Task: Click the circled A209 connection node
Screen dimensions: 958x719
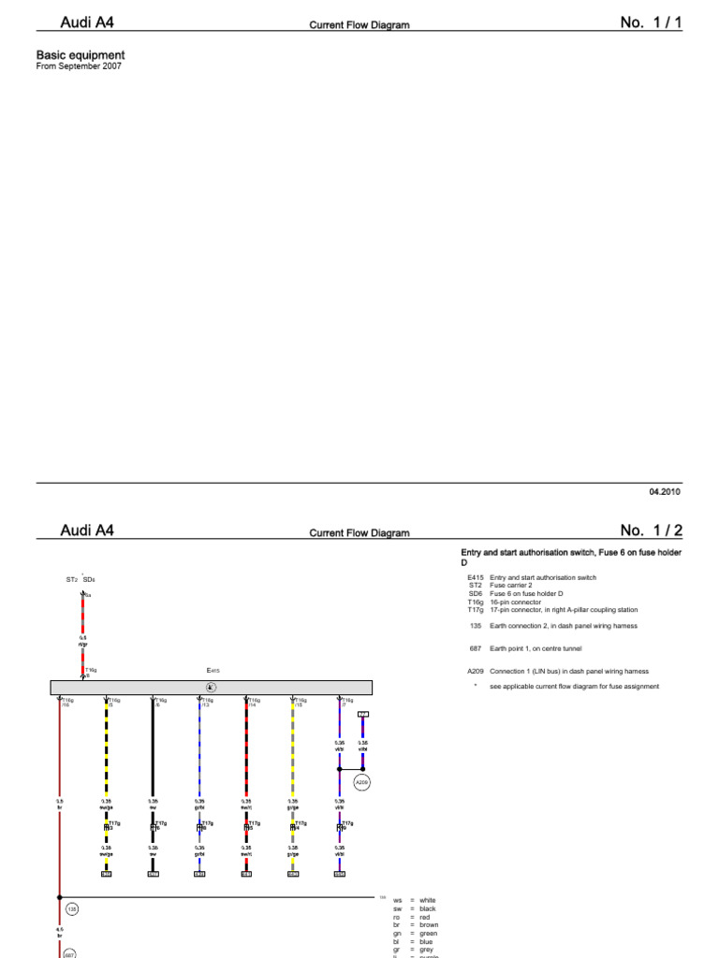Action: [x=362, y=781]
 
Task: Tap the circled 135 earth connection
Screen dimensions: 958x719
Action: [x=71, y=908]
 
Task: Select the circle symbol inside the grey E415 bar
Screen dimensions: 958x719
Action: [x=211, y=688]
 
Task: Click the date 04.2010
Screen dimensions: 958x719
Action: [x=665, y=491]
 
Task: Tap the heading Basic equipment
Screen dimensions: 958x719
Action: [x=80, y=55]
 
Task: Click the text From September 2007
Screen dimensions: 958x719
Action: [x=79, y=66]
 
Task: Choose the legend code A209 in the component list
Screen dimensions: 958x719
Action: [x=475, y=671]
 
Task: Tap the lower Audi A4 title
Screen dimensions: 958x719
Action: [x=88, y=530]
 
